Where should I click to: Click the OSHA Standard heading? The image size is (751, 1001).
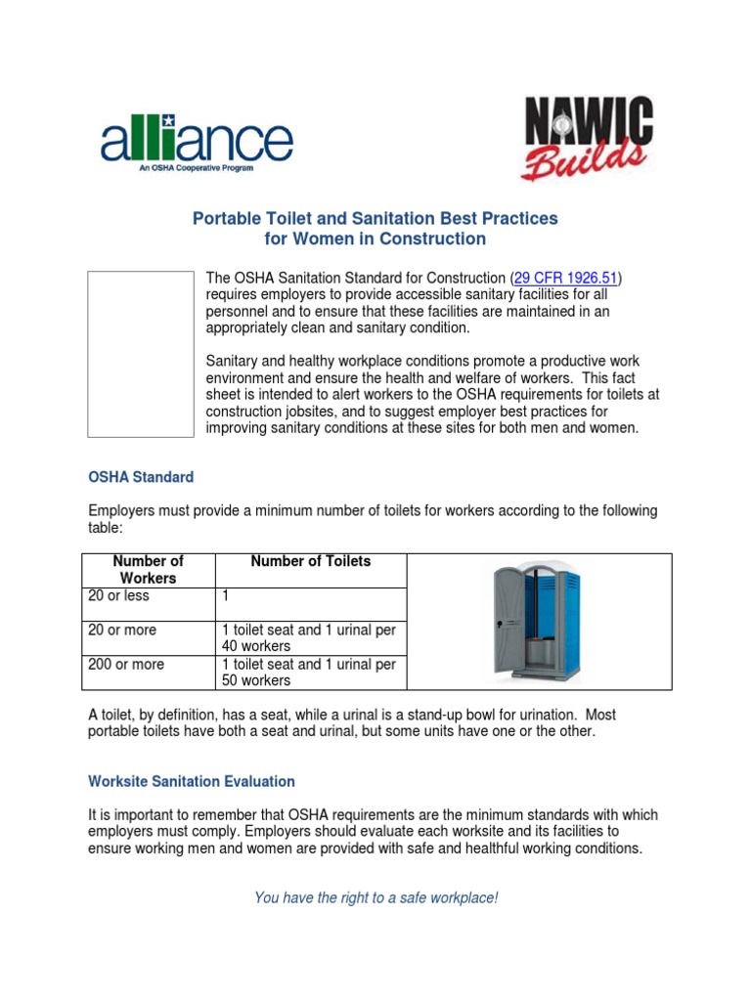141,477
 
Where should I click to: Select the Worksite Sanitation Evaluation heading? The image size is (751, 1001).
192,781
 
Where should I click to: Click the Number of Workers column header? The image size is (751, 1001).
149,569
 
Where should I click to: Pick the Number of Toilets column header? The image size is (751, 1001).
311,561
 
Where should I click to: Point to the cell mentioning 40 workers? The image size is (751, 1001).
309,638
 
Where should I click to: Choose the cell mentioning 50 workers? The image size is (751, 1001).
309,673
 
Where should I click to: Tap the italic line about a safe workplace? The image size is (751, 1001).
375,897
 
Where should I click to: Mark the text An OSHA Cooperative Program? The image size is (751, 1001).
196,168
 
